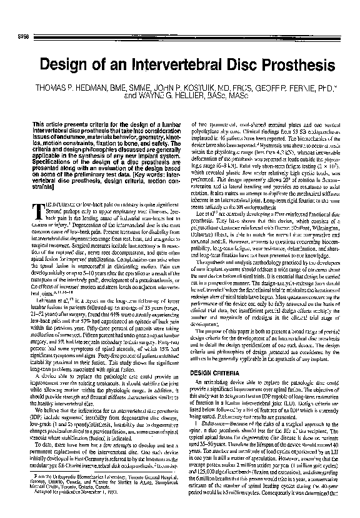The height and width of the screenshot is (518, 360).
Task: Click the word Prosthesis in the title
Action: (x=277, y=64)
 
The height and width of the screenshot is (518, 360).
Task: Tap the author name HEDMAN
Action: (x=87, y=89)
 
